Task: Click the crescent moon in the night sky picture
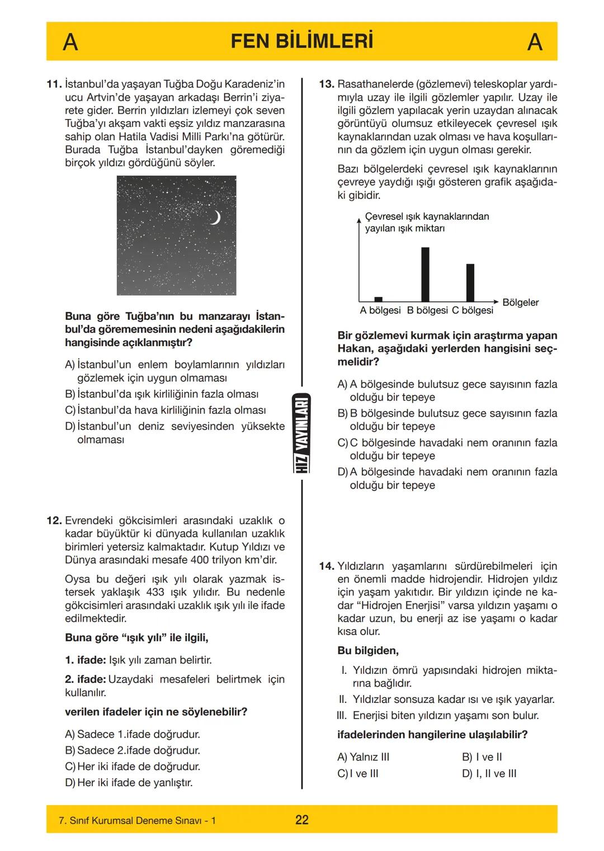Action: tap(215, 218)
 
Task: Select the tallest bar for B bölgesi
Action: tap(425, 274)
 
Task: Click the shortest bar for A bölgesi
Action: tap(378, 299)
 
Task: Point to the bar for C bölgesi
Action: tap(470, 282)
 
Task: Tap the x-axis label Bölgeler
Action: tap(520, 302)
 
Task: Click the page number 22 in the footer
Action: tap(301, 820)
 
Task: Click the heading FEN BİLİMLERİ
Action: tap(301, 42)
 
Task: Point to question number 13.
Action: tap(326, 84)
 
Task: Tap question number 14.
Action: tap(326, 566)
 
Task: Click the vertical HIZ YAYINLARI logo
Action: tap(301, 433)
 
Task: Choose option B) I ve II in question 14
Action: tap(482, 757)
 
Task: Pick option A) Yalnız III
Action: tap(364, 757)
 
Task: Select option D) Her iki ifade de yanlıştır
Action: tap(129, 783)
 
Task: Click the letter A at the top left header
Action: tap(70, 42)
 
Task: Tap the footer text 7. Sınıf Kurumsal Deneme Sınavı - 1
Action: tap(137, 821)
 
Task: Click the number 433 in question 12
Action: tap(154, 592)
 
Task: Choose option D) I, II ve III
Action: tap(489, 774)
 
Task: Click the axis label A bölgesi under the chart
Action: tap(380, 310)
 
